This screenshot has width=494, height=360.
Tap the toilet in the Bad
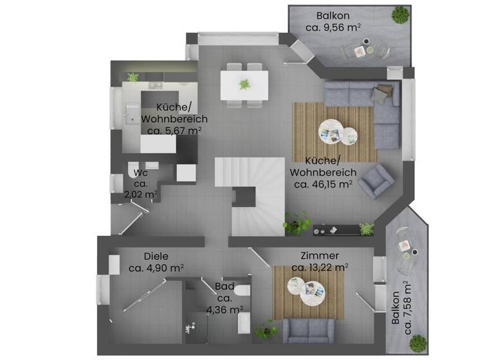242,292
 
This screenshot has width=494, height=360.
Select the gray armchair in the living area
376,181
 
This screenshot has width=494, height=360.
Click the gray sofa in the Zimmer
308,330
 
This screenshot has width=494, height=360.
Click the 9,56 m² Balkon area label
333,28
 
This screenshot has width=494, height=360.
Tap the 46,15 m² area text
323,184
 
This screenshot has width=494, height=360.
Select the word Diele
156,256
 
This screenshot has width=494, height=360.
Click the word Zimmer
320,255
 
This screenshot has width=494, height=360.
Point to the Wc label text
141,172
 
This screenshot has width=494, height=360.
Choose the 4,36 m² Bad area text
224,309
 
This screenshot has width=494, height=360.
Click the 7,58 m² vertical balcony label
403,308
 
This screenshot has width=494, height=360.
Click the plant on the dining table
244,84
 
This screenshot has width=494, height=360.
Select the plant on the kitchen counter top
133,77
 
